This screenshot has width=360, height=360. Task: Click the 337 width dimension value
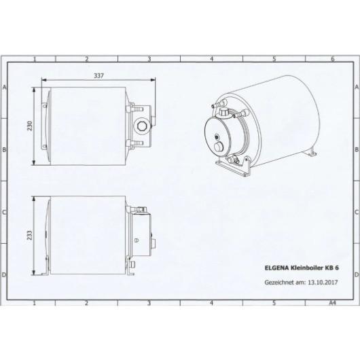(x=98, y=75)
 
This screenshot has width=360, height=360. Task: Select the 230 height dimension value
(x=30, y=126)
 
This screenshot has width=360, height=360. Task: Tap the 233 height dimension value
(x=30, y=235)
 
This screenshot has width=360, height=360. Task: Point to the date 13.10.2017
(x=323, y=282)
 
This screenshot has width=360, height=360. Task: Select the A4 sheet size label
(x=332, y=303)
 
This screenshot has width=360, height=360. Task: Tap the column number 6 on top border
(x=333, y=59)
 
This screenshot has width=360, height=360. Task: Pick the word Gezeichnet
(x=279, y=283)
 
